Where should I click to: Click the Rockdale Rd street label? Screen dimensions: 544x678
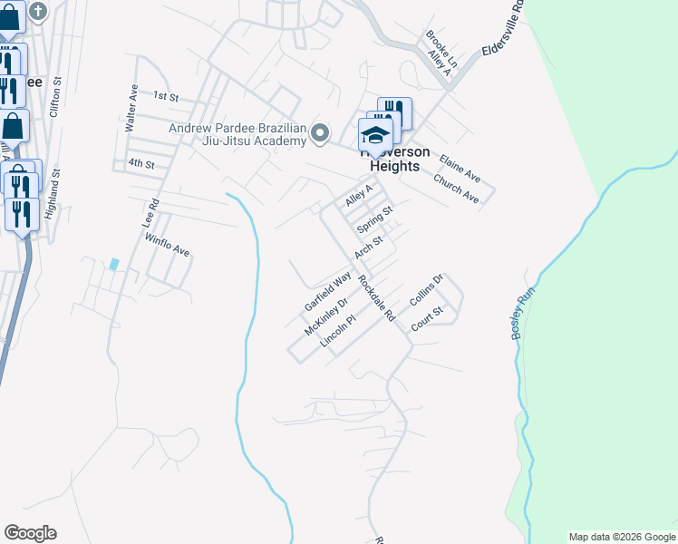tap(377, 299)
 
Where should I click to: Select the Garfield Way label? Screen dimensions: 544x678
tap(327, 289)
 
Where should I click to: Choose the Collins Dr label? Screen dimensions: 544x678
tap(424, 290)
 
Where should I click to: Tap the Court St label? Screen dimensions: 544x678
tap(426, 317)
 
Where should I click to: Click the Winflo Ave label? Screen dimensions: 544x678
tap(167, 244)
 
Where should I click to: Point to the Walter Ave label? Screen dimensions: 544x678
tap(132, 106)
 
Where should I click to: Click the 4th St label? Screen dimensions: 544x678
tap(141, 164)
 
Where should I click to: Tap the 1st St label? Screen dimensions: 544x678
tap(166, 95)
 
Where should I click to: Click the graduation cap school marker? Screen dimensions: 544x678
tap(376, 136)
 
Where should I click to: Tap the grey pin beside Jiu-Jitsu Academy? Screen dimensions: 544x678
tap(319, 134)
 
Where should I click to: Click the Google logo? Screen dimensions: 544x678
tap(30, 533)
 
